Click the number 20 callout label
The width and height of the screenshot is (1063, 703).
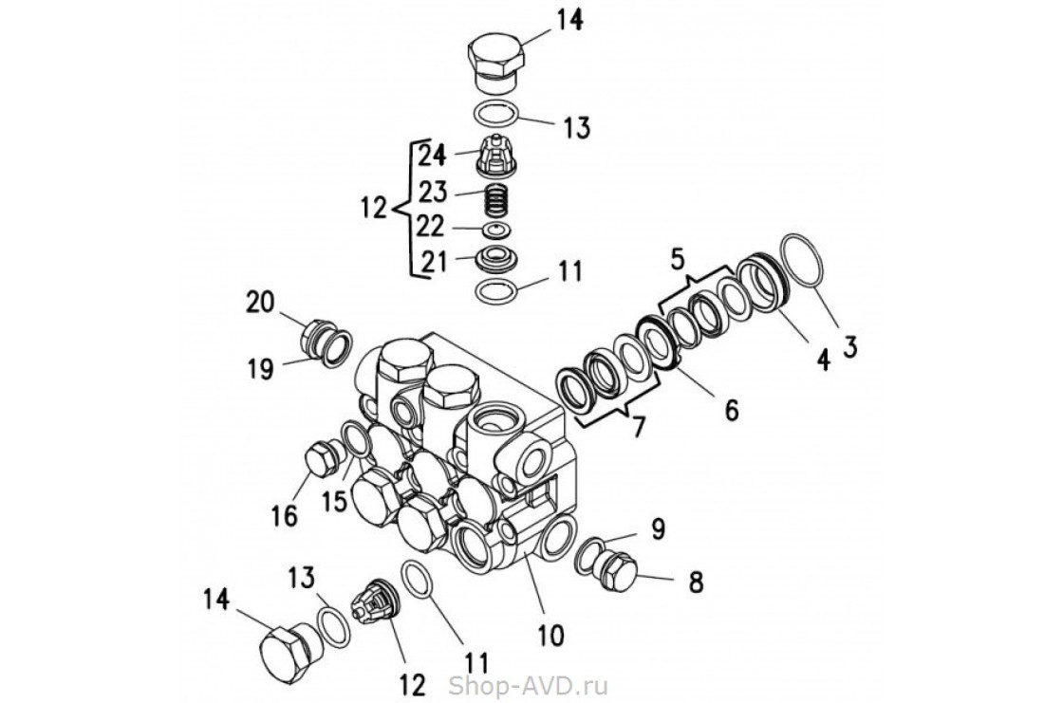pyautogui.click(x=260, y=302)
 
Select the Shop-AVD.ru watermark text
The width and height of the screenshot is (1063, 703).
pyautogui.click(x=528, y=685)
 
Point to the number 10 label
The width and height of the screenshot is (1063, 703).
pyautogui.click(x=550, y=636)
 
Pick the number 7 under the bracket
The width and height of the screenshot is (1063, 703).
pyautogui.click(x=637, y=428)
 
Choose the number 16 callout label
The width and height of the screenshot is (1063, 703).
pyautogui.click(x=286, y=516)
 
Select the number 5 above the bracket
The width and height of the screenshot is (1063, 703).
pyautogui.click(x=678, y=258)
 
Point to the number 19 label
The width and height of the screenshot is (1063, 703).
pyautogui.click(x=260, y=369)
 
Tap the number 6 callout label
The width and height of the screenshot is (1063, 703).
pyautogui.click(x=731, y=409)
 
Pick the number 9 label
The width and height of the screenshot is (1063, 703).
pyautogui.click(x=658, y=528)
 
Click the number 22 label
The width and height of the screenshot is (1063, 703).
pyautogui.click(x=431, y=227)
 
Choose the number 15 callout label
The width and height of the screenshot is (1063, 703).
pyautogui.click(x=335, y=502)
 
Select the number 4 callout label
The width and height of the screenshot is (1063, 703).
pyautogui.click(x=823, y=360)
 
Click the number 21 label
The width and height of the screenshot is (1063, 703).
pyautogui.click(x=434, y=262)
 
